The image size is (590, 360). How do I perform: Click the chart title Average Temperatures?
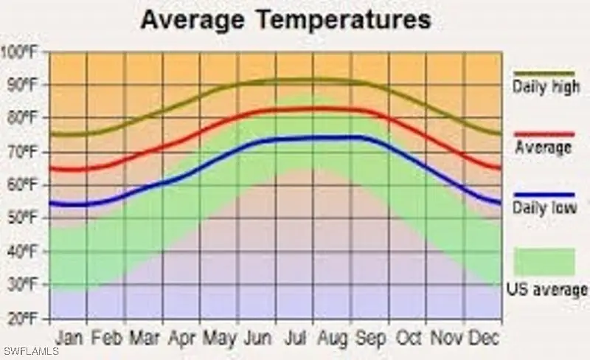coord(285,20)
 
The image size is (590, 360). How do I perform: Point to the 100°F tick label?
coord(21,52)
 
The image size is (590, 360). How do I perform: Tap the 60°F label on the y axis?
coord(22,185)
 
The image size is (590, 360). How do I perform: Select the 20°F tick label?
coord(22,319)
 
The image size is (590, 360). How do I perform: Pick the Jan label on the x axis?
coord(70,338)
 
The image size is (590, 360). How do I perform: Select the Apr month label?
coord(181,339)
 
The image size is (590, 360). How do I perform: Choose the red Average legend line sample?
coord(544,134)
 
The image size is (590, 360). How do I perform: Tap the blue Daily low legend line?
coord(544,194)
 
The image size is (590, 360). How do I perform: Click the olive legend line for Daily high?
coord(544,74)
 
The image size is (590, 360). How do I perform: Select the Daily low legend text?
coord(544,209)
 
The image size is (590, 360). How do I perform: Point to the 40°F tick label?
coord(22,252)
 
